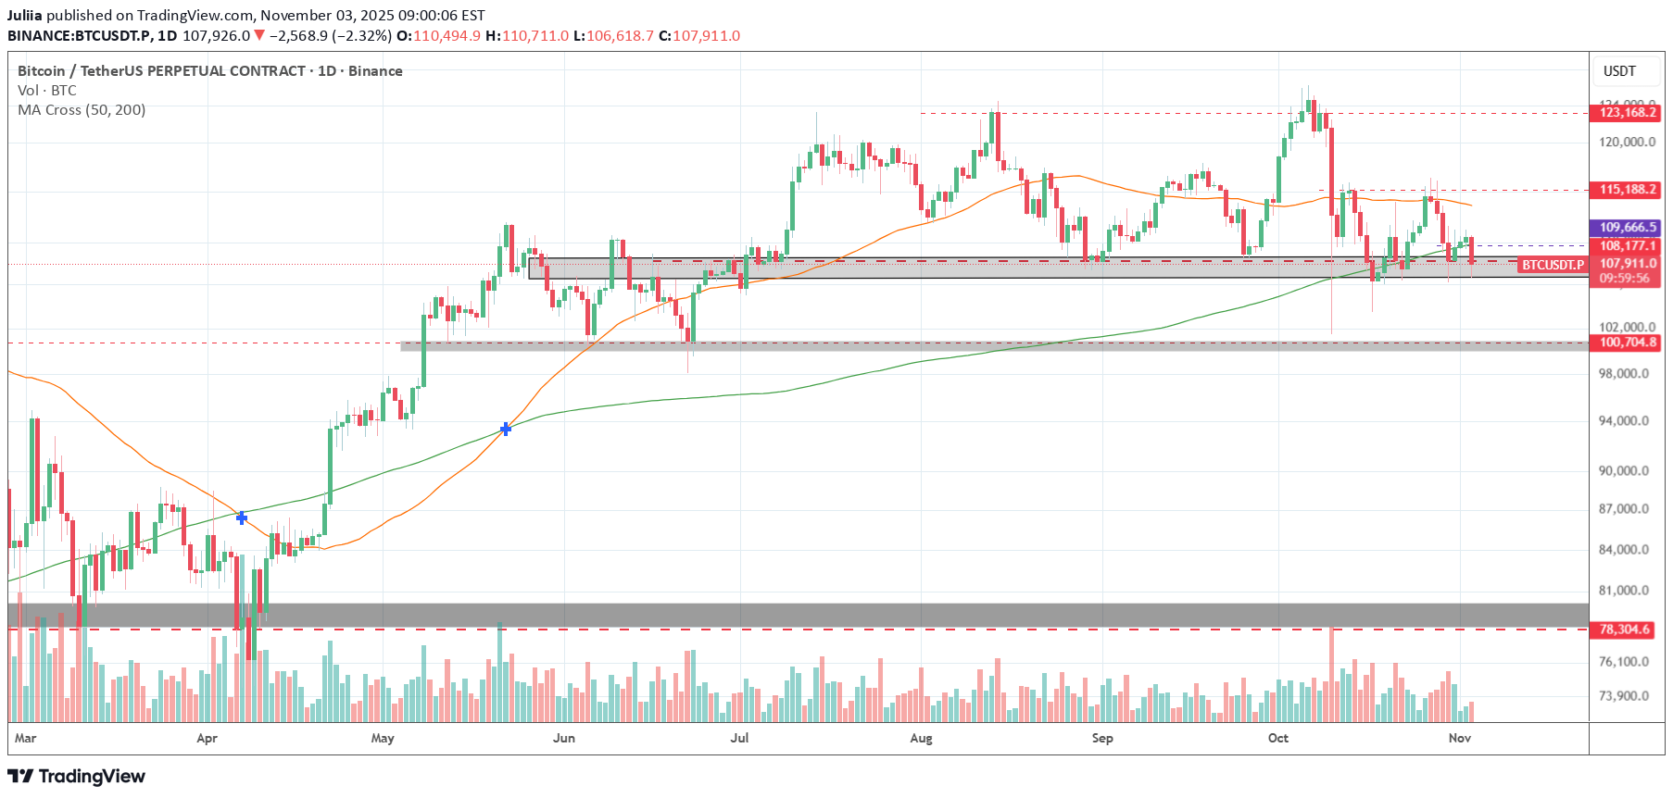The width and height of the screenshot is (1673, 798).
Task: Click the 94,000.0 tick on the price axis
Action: [x=1624, y=421]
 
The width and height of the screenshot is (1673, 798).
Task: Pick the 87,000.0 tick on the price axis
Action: [x=1624, y=509]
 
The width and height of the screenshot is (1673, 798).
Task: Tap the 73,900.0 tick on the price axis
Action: [x=1624, y=696]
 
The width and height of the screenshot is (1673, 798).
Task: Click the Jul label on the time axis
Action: [x=739, y=738]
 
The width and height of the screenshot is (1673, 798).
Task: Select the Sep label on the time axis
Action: [x=1102, y=738]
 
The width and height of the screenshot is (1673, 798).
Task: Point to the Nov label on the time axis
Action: [x=1460, y=738]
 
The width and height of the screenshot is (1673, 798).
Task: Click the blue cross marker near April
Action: [x=242, y=517]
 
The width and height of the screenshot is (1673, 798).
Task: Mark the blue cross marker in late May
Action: [x=506, y=429]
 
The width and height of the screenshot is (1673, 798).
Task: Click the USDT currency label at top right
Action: [x=1619, y=71]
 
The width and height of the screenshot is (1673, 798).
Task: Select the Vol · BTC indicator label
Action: [x=47, y=91]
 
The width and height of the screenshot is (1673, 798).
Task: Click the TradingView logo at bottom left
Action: [x=77, y=776]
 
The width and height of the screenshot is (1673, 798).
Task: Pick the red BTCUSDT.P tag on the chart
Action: [x=1553, y=265]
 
